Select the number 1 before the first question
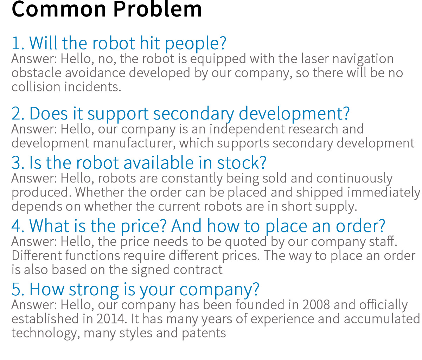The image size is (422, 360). pyautogui.click(x=16, y=43)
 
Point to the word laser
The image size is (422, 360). pyautogui.click(x=315, y=59)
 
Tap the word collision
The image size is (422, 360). pyautogui.click(x=36, y=87)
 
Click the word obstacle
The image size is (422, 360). pyautogui.click(x=36, y=73)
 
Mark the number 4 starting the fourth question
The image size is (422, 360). pyautogui.click(x=16, y=226)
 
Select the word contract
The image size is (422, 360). pyautogui.click(x=198, y=270)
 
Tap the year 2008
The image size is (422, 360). pyautogui.click(x=316, y=305)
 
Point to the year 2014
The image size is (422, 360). pyautogui.click(x=110, y=319)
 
